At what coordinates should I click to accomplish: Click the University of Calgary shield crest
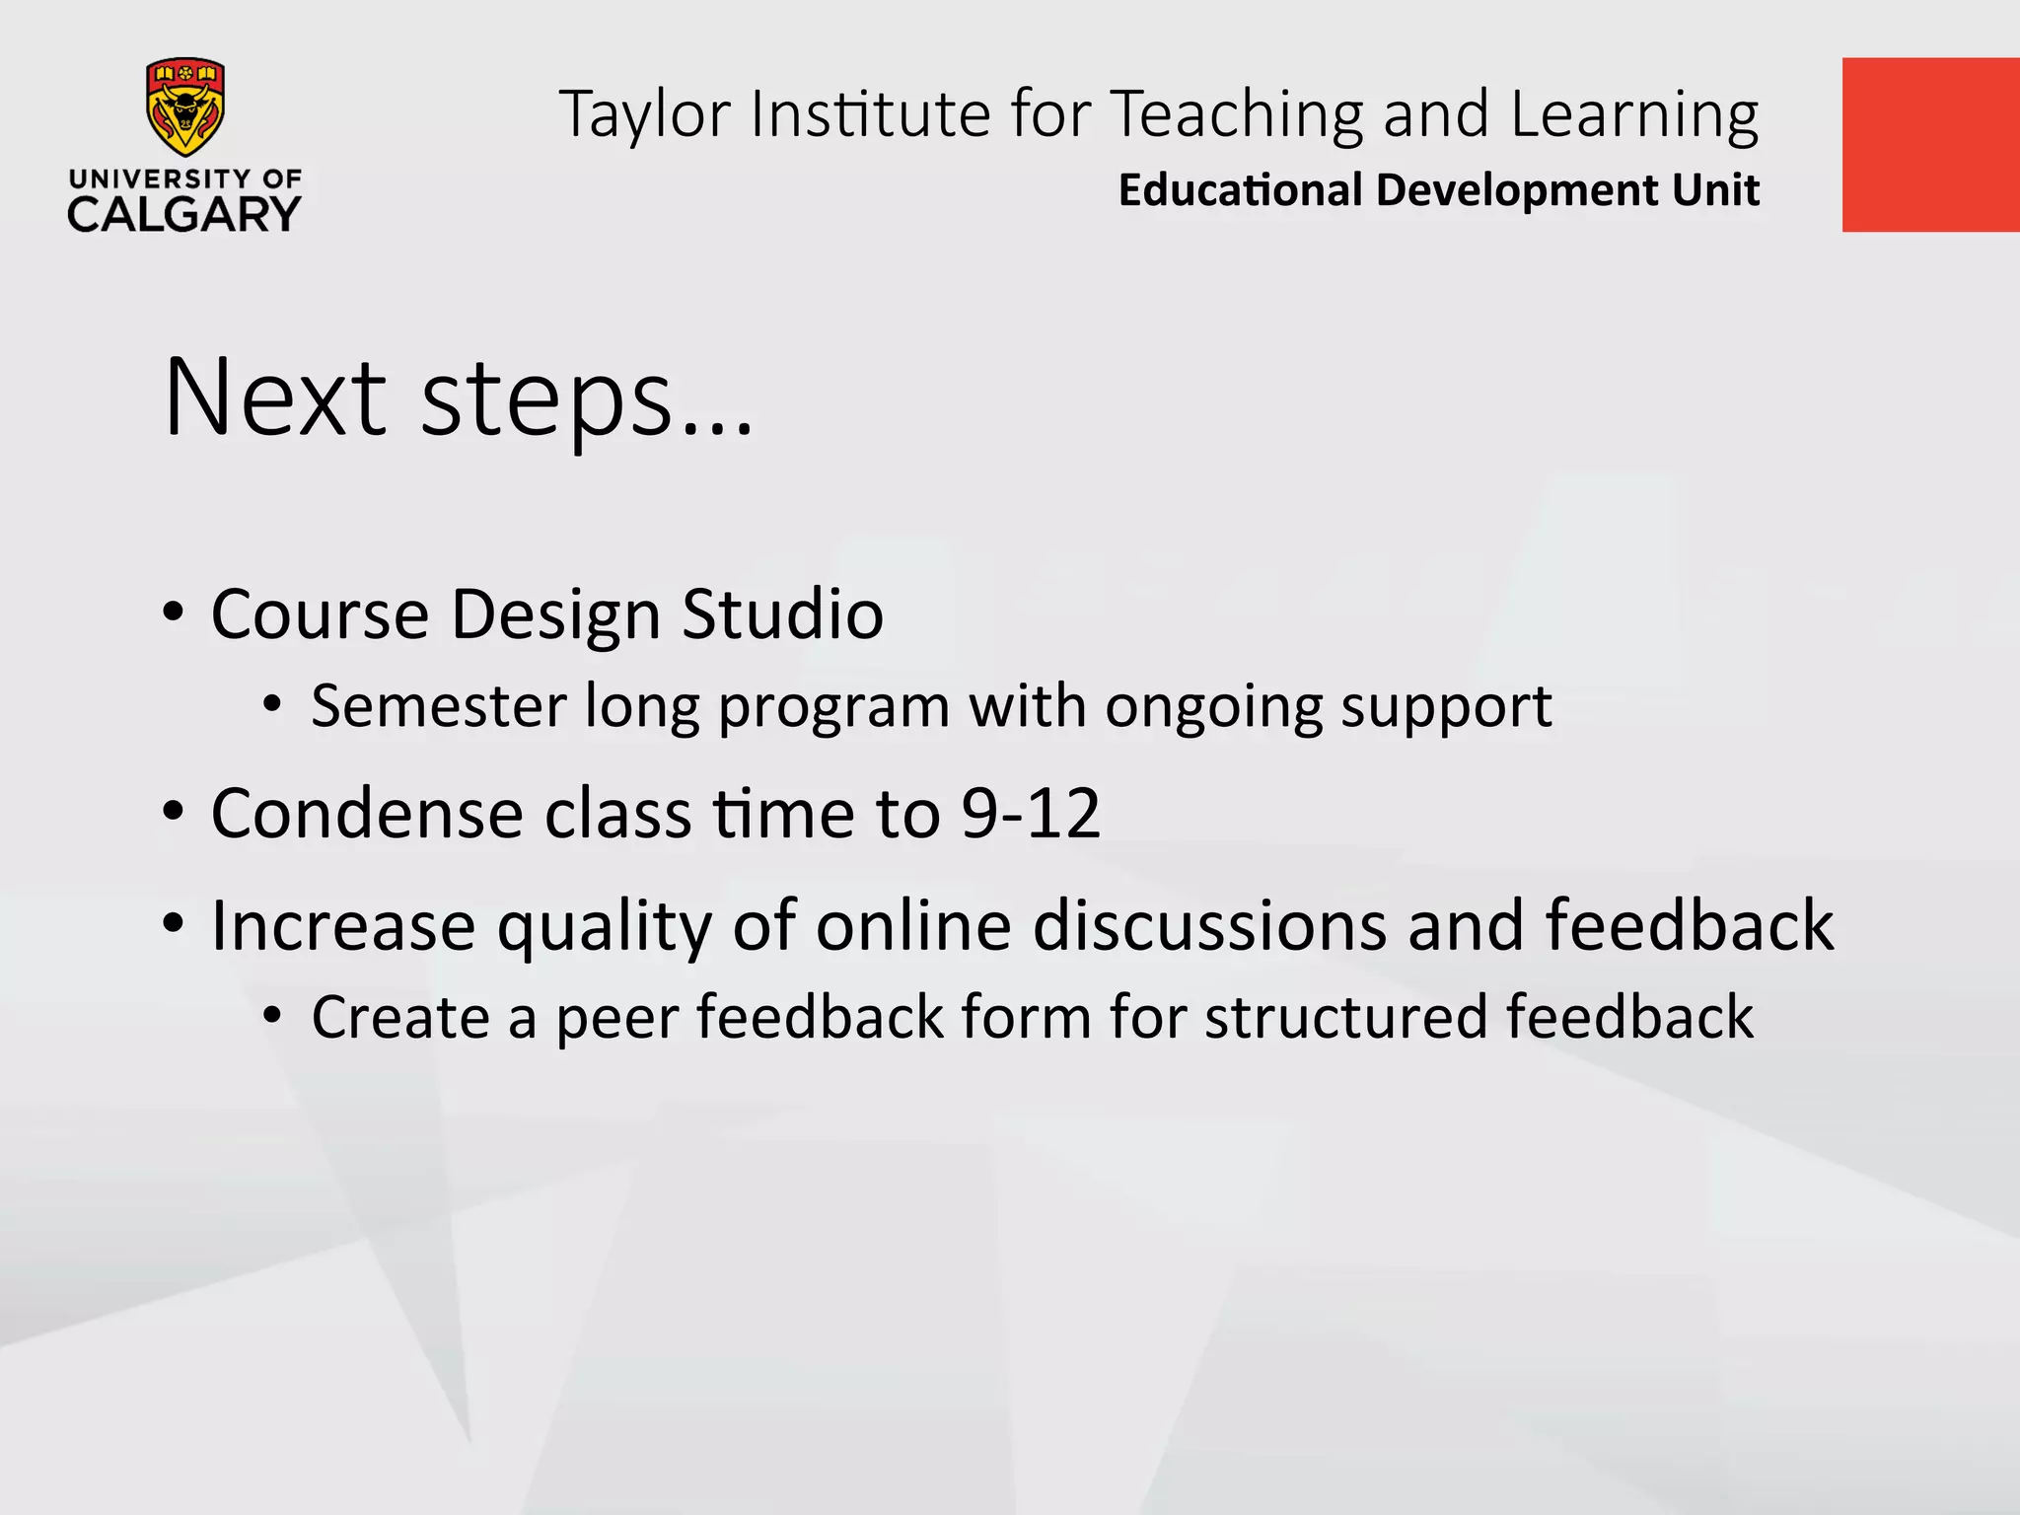pos(184,107)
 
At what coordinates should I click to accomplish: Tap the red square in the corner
pos(1929,145)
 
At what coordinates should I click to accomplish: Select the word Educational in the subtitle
pos(1240,189)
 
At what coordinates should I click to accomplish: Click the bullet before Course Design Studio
pos(174,613)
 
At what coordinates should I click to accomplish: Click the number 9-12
pos(1031,814)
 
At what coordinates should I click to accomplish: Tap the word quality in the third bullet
pos(604,927)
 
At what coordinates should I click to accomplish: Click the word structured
pos(1345,1017)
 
